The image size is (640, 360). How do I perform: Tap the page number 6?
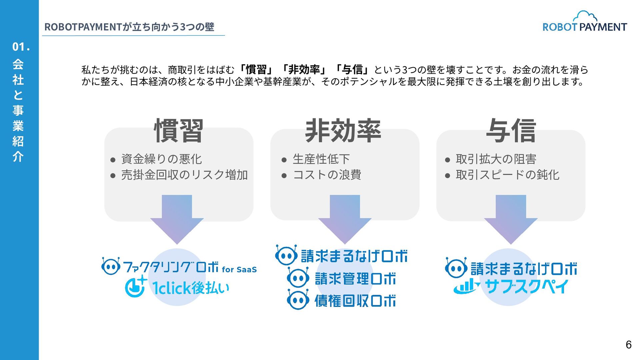pos(628,345)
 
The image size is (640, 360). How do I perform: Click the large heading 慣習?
pos(179,131)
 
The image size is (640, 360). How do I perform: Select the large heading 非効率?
pos(343,131)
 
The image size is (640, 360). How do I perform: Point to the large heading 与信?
pos(511,131)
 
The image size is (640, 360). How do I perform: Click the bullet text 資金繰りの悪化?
pos(161,159)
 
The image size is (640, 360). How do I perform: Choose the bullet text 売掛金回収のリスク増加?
pos(184,175)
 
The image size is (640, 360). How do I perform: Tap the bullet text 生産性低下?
pos(321,159)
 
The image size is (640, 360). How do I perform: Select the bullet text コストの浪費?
pos(327,175)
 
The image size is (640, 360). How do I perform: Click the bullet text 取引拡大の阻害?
pos(496,159)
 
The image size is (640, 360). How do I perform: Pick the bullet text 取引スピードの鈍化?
pos(507,175)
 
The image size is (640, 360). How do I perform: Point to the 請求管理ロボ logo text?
pos(355,279)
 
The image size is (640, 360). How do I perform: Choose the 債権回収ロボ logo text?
pos(355,301)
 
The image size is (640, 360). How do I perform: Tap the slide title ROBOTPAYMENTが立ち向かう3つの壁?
pos(129,27)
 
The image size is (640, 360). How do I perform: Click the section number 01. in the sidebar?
pos(21,47)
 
